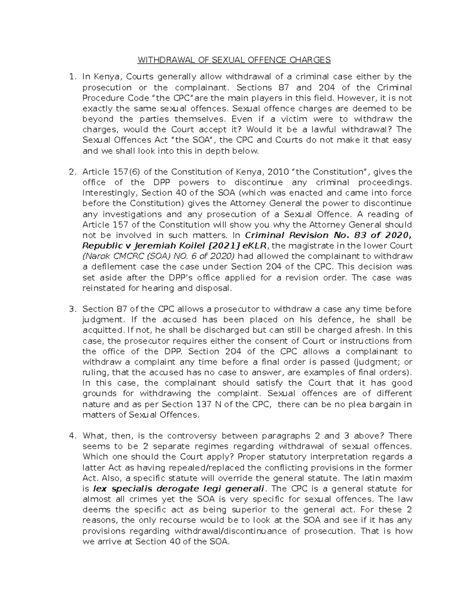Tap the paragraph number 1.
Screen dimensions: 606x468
click(x=71, y=77)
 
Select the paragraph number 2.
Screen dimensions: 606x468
click(x=71, y=172)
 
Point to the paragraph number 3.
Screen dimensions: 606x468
click(x=71, y=309)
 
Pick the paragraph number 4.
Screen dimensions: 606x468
click(x=71, y=436)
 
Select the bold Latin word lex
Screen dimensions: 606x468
click(x=100, y=489)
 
